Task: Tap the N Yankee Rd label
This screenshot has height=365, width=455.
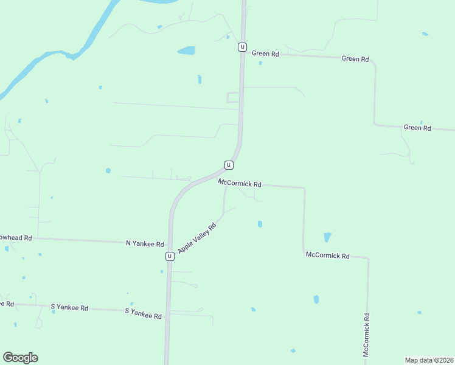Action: [145, 244]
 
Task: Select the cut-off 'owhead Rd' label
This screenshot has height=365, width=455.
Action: [15, 238]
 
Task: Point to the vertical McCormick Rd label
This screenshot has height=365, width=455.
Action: [366, 335]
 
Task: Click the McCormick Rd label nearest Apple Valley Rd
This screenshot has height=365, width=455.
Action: [240, 183]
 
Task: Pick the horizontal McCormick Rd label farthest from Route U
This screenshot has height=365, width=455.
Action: [327, 256]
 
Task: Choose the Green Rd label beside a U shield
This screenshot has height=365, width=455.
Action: [265, 54]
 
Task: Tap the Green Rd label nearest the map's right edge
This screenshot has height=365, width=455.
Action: [417, 128]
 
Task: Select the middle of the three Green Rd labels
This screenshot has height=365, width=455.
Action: [355, 59]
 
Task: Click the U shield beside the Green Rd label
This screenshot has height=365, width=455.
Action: [243, 47]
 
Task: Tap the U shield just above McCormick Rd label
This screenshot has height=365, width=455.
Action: [228, 165]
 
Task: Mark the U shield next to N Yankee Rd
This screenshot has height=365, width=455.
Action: [170, 256]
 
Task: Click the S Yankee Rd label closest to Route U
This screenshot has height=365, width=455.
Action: [143, 316]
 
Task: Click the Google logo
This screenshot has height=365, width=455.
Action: [20, 358]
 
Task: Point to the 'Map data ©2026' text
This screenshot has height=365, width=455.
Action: [429, 360]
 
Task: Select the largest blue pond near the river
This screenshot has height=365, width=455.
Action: [186, 50]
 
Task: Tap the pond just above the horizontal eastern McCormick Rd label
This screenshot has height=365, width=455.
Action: [327, 237]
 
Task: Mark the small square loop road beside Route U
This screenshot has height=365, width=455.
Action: [233, 97]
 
